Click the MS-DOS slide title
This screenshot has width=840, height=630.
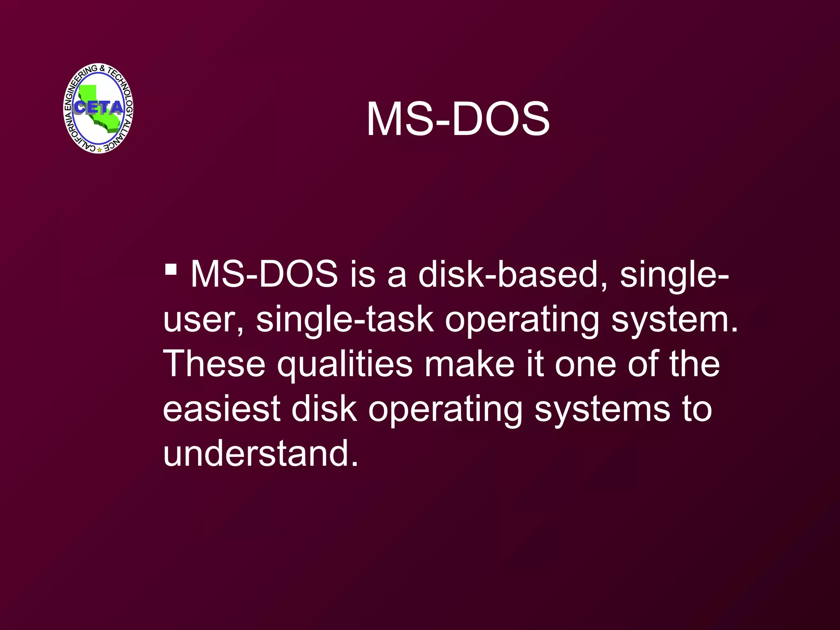coord(458,119)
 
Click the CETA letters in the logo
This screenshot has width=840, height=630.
coord(99,107)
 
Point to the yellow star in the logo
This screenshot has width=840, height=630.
coord(99,150)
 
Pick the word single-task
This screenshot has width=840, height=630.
coord(345,320)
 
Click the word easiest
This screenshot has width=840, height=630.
coord(221,409)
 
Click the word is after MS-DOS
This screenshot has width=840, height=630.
coord(363,275)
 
